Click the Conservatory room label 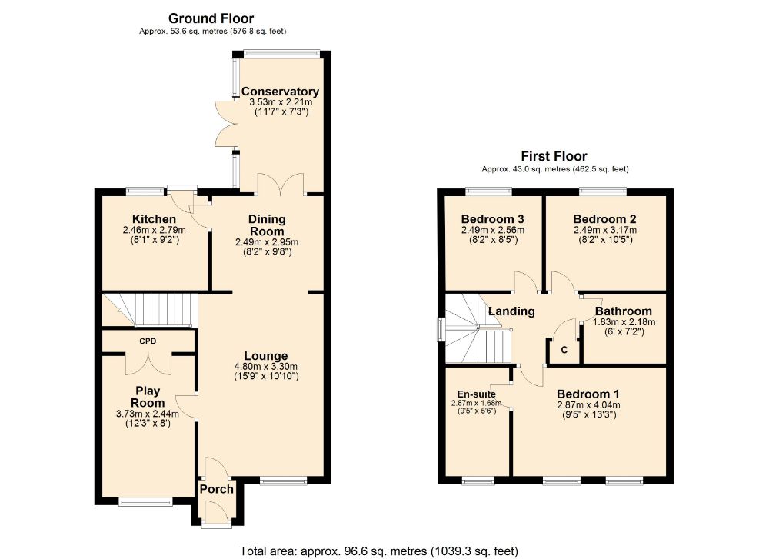(x=280, y=92)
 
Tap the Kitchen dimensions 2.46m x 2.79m (x=154, y=230)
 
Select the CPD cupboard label (x=148, y=341)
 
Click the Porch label (x=217, y=489)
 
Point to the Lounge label (x=266, y=356)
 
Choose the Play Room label (x=148, y=397)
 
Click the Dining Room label (x=267, y=225)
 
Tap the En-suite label (x=476, y=394)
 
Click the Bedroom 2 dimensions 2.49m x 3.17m (x=605, y=230)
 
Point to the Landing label (x=511, y=311)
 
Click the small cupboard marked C (x=564, y=349)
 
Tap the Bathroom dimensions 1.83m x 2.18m (x=624, y=322)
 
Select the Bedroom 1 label (x=588, y=394)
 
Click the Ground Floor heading (x=211, y=18)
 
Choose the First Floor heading (x=554, y=156)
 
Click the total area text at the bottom (x=378, y=551)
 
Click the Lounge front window (x=284, y=481)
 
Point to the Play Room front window (x=145, y=501)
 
